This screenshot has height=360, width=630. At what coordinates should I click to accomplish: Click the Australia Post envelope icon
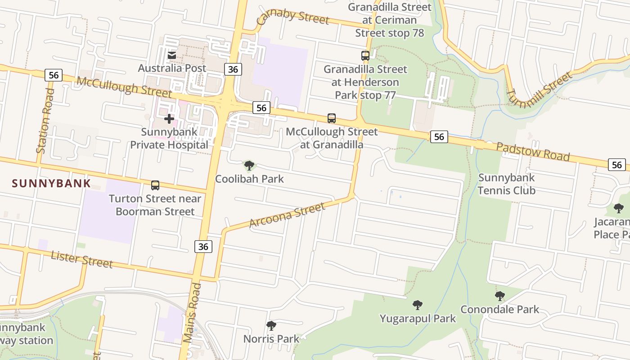(x=172, y=55)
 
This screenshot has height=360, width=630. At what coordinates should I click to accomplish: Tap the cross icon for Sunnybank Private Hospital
(x=169, y=119)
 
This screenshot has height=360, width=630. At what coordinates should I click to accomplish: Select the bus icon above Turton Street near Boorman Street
(x=155, y=185)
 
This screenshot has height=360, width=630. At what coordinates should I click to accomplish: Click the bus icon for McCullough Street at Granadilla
(x=332, y=118)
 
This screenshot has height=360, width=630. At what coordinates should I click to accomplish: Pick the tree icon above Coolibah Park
(x=249, y=166)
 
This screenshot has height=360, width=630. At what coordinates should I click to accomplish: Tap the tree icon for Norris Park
(x=271, y=325)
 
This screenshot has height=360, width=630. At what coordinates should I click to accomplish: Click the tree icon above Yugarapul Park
(x=418, y=305)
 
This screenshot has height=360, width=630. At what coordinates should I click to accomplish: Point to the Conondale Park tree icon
(x=499, y=296)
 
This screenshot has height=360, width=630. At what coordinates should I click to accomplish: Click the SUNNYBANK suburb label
(x=51, y=183)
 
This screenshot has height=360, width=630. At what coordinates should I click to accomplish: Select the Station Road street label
(x=45, y=121)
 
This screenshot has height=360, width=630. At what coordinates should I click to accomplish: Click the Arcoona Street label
(x=287, y=215)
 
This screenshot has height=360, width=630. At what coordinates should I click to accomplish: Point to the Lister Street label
(x=81, y=260)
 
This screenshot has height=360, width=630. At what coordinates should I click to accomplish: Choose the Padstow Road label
(x=533, y=152)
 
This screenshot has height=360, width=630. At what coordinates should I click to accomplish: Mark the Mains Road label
(x=191, y=313)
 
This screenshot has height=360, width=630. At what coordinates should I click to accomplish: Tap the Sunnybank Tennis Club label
(x=506, y=184)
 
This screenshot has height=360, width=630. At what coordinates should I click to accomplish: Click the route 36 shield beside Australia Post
(x=233, y=69)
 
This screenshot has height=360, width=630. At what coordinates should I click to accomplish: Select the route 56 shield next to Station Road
(x=53, y=75)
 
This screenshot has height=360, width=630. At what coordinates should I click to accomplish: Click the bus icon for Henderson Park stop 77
(x=365, y=56)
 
